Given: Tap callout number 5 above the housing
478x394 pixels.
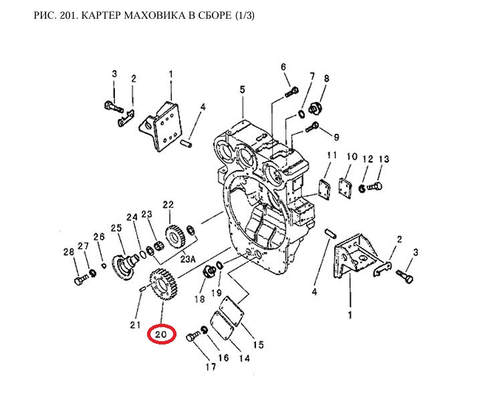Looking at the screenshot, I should point(242,90).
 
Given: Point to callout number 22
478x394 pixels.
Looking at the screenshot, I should point(168,205).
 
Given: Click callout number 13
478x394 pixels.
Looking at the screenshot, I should point(383,159).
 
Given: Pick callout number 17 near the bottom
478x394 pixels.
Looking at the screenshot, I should point(211,367).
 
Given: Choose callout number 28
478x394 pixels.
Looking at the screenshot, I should point(68,252).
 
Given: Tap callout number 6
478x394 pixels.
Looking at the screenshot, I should point(283,66).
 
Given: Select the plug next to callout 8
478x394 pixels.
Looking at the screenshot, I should point(319,108).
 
